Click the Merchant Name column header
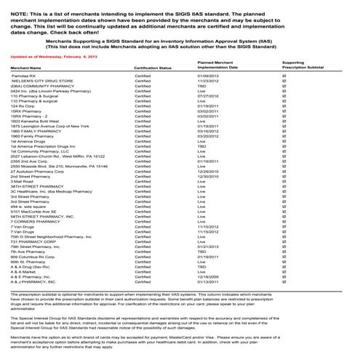(27, 67)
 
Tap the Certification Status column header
(153, 67)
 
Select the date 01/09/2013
(209, 75)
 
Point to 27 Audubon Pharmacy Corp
(43, 170)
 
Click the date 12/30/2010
(209, 175)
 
